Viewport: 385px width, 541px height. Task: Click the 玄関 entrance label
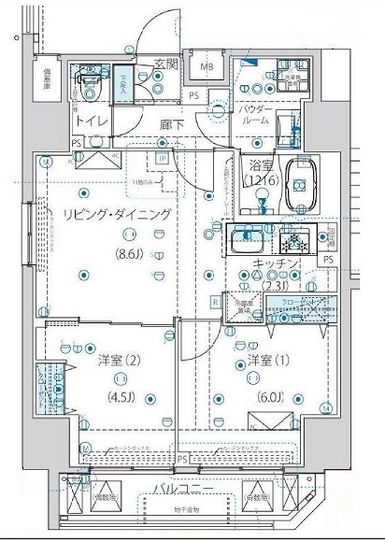tap(165, 64)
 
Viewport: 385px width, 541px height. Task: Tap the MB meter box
tap(206, 66)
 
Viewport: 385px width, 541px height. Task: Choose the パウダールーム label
tap(253, 115)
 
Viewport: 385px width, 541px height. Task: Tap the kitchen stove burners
tap(298, 240)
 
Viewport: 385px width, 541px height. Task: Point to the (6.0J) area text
tap(264, 392)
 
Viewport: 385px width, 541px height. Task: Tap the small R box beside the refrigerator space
tap(216, 302)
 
